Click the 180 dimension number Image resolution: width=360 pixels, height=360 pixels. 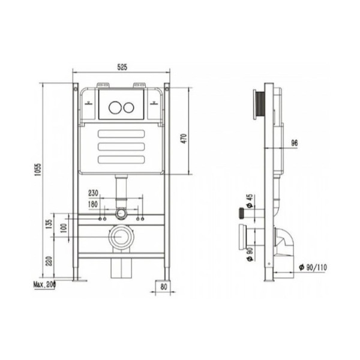(x=94, y=204)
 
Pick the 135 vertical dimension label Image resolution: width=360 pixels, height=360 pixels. (x=49, y=224)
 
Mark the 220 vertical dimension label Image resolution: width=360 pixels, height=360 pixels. (x=49, y=262)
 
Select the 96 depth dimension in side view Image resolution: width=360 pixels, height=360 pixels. (x=294, y=142)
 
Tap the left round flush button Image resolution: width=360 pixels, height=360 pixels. (x=113, y=109)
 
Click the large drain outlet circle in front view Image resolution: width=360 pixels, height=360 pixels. (x=122, y=237)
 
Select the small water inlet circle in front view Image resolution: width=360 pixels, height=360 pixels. (x=122, y=213)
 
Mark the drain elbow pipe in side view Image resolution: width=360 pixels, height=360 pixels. (x=284, y=240)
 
